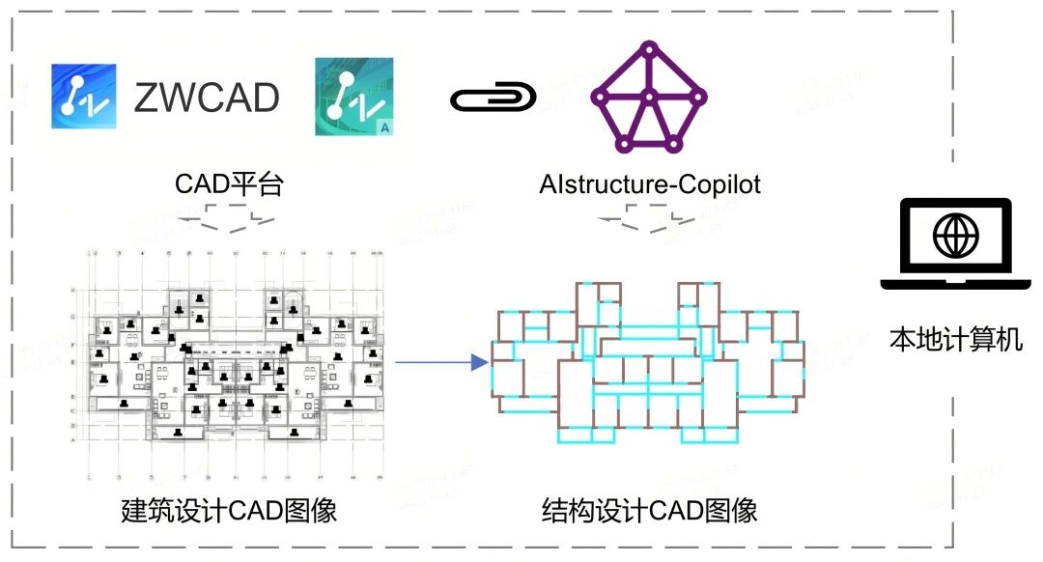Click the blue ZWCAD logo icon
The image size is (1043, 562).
tap(84, 97)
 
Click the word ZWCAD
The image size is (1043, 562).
tap(207, 98)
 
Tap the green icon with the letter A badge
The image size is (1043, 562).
tap(353, 97)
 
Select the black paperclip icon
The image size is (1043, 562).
tap(493, 98)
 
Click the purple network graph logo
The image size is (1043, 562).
tap(650, 97)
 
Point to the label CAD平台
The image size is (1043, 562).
tap(229, 183)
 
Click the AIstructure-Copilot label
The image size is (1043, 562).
tap(650, 183)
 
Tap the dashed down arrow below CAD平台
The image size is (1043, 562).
tap(229, 224)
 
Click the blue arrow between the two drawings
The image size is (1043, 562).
tap(439, 363)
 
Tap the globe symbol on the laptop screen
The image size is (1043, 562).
tap(955, 235)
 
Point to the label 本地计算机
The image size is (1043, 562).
tap(955, 340)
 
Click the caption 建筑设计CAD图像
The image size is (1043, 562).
tap(229, 511)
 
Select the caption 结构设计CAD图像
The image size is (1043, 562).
tap(649, 511)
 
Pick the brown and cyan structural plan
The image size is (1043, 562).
tap(648, 362)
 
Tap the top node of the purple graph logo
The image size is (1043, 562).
tap(650, 48)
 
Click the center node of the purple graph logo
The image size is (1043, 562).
tap(650, 97)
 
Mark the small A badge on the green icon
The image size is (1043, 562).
tap(383, 126)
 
